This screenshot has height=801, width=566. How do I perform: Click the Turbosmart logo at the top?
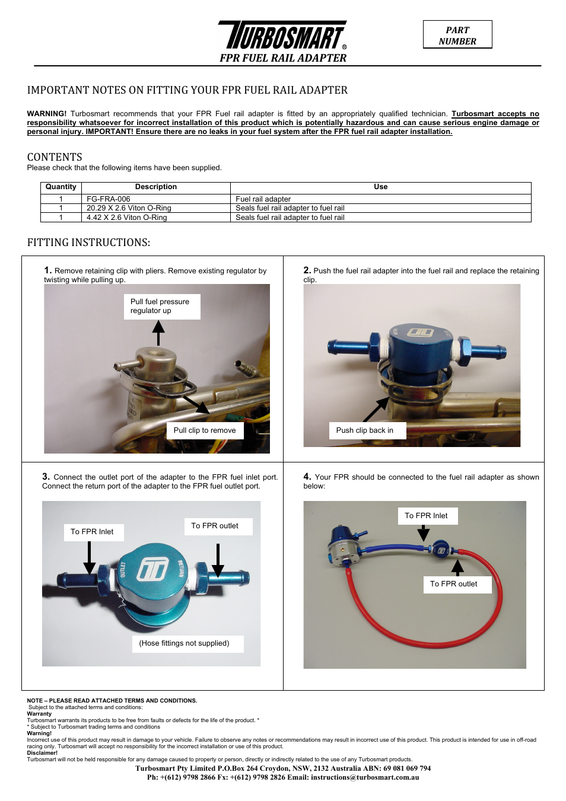click(282, 36)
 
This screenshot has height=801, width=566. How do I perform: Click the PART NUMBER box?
click(457, 35)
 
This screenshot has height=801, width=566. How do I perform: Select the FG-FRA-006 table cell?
click(109, 199)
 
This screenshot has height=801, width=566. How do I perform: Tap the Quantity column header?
click(61, 187)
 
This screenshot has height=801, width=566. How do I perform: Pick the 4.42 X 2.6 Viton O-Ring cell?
click(126, 218)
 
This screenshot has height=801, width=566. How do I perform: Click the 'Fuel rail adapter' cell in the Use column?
click(263, 199)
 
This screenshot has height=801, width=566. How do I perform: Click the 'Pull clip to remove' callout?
click(205, 430)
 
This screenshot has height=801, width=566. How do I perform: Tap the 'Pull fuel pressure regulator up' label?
click(161, 306)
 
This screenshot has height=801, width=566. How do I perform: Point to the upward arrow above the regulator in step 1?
click(158, 332)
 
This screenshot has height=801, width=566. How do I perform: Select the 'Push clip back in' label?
click(365, 430)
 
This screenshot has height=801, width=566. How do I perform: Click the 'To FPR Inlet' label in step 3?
click(92, 532)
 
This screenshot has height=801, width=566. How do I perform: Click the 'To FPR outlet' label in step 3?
click(215, 526)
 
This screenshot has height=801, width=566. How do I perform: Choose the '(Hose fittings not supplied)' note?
click(185, 643)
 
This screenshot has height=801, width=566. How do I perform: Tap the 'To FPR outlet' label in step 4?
click(454, 584)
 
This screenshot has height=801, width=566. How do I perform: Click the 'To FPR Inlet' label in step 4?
click(426, 516)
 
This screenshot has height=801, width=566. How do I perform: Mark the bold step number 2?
click(307, 270)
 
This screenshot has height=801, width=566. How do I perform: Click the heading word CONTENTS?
click(55, 157)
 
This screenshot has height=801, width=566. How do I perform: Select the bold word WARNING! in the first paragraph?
click(47, 114)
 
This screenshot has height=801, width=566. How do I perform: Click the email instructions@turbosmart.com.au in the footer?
click(365, 777)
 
